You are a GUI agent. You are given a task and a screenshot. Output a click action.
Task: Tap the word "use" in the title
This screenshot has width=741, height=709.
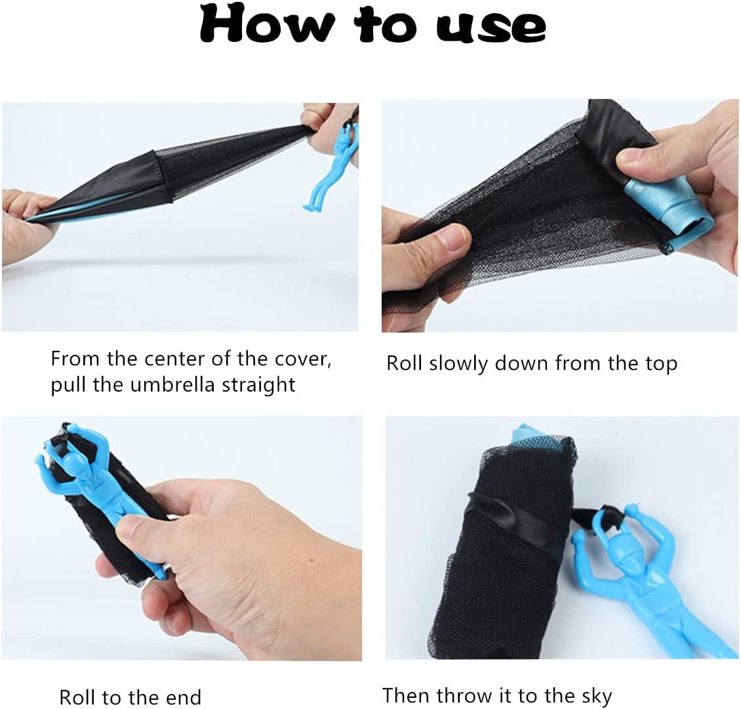pos(491,28)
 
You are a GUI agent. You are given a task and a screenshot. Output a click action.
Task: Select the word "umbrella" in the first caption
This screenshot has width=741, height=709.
pos(172,385)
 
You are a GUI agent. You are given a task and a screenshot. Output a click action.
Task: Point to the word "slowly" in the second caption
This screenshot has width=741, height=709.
pos(458,364)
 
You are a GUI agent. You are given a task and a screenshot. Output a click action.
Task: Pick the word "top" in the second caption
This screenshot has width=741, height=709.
pos(661,365)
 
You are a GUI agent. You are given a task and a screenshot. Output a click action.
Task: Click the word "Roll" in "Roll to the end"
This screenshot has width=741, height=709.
pos(77,697)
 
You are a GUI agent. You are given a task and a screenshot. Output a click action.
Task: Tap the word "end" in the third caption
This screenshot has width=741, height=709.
pos(184,698)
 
